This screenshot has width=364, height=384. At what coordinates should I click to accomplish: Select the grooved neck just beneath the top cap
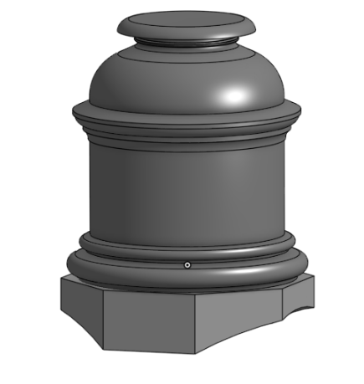[x=186, y=43]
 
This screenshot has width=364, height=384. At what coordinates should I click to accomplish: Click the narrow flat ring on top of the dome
[x=186, y=53]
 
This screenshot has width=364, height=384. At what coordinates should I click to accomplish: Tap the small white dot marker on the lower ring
[x=187, y=265]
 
